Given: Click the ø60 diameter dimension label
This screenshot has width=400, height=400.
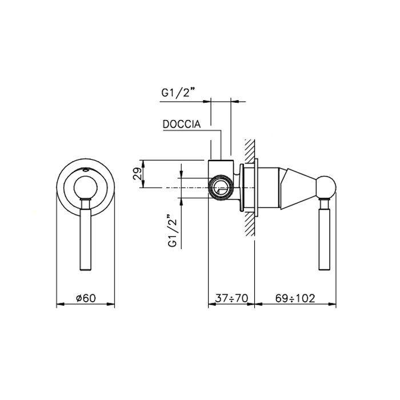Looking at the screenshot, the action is point(86,298).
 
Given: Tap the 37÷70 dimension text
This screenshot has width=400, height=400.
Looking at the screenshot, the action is point(231,298).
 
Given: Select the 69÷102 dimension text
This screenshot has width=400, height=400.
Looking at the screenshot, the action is point(295,298).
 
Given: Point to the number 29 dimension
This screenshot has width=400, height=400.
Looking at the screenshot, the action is point(137,174).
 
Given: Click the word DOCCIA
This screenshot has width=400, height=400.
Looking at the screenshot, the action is point(182,124).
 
